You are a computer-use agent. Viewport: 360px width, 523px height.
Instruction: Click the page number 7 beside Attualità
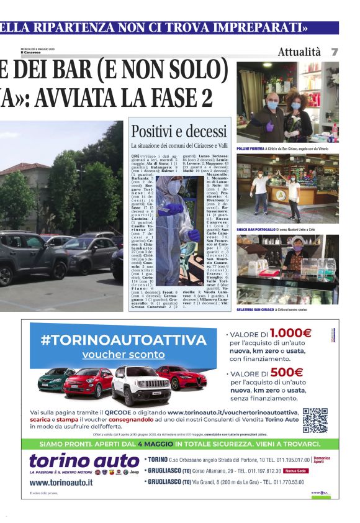point(335,52)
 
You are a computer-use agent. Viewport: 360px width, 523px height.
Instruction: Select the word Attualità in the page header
point(299,52)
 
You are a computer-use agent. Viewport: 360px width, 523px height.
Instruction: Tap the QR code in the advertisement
point(315,420)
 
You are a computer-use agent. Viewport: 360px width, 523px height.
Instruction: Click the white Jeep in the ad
point(140,386)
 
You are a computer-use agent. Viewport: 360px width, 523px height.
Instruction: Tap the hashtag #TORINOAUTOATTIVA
point(123,340)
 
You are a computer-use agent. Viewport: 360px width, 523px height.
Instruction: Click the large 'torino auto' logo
point(84,460)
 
